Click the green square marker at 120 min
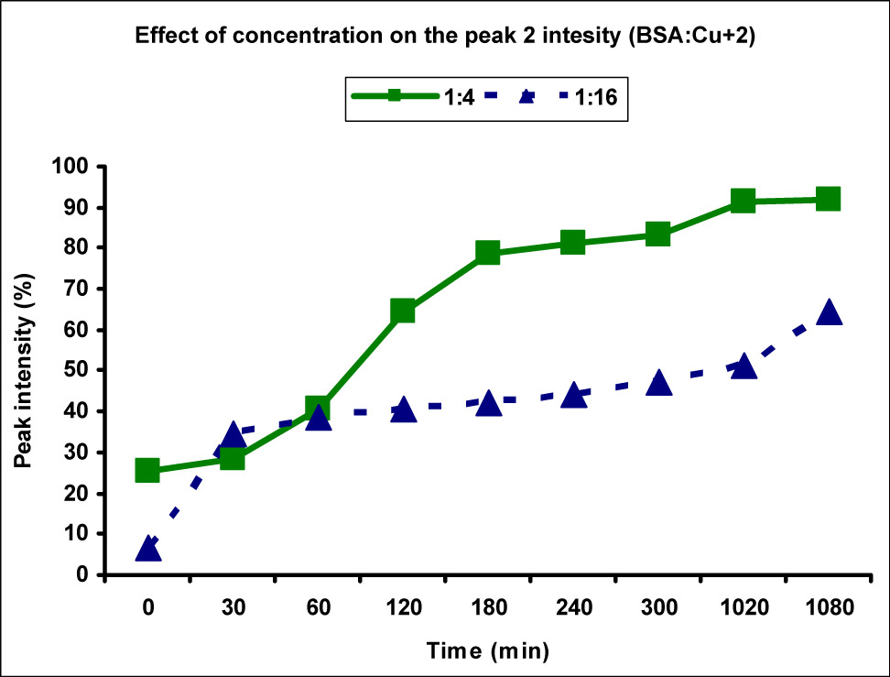(403, 311)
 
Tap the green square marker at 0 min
(148, 470)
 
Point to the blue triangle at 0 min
(148, 549)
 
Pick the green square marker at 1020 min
(743, 201)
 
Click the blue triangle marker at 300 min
(658, 383)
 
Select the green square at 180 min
(488, 252)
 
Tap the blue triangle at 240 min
(573, 395)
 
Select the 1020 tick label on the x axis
(743, 607)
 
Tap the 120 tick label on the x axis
(403, 607)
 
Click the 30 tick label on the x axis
(233, 607)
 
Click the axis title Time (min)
(488, 651)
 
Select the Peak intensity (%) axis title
(25, 370)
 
